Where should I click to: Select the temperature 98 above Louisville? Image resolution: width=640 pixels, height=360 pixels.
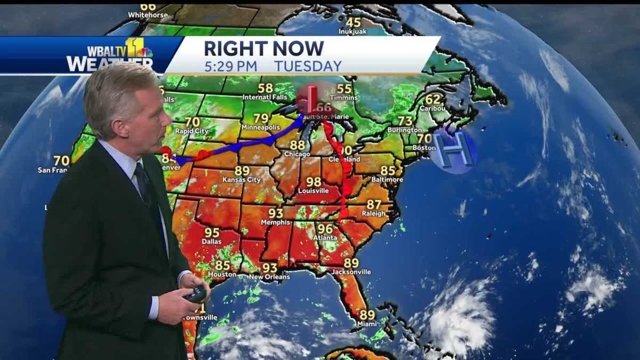click(x=314, y=182)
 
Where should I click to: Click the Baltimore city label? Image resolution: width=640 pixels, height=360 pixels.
click(x=388, y=180)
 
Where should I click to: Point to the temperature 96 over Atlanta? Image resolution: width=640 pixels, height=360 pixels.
click(x=325, y=229)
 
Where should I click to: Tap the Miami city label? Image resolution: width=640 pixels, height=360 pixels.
click(x=367, y=324)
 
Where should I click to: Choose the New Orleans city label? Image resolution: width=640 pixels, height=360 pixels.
click(x=269, y=277)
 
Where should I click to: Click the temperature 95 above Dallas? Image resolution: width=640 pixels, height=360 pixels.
click(x=212, y=233)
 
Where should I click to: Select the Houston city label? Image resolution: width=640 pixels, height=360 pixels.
click(x=222, y=274)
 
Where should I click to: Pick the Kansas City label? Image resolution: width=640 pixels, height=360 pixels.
click(x=242, y=180)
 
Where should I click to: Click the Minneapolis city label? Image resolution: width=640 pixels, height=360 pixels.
click(x=261, y=128)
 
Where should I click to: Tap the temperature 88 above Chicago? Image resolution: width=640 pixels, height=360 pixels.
click(x=297, y=145)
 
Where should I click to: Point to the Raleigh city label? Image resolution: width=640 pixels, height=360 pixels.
click(x=374, y=213)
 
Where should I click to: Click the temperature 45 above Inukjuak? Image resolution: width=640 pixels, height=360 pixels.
click(x=353, y=22)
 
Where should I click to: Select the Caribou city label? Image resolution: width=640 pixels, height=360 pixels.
click(x=432, y=108)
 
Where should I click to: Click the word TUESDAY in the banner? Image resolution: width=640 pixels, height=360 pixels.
click(x=308, y=66)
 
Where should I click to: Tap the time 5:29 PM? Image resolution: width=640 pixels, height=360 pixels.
click(x=230, y=66)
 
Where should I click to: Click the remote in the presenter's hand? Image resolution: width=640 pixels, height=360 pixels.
click(x=196, y=294)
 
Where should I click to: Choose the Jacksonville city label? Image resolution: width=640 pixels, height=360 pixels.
click(x=351, y=272)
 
